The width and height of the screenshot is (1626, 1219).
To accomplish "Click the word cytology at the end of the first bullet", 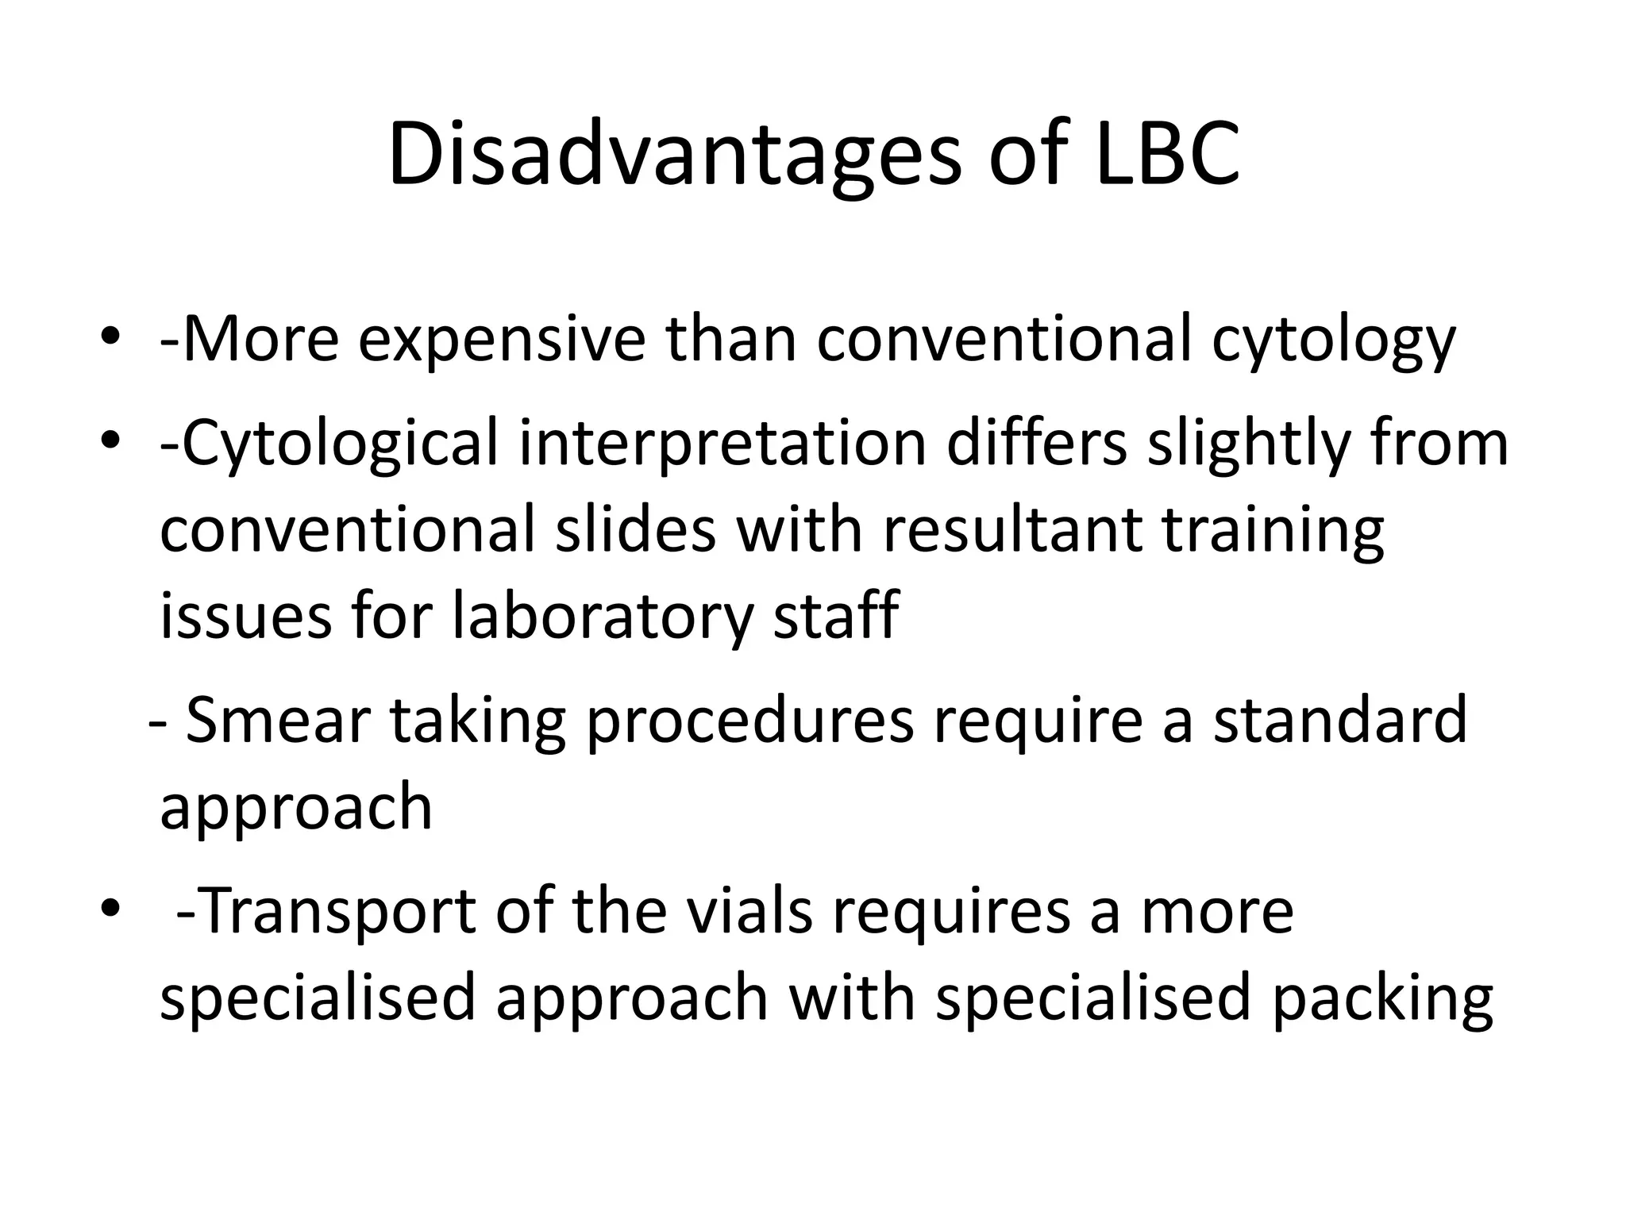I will (x=1334, y=343).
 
